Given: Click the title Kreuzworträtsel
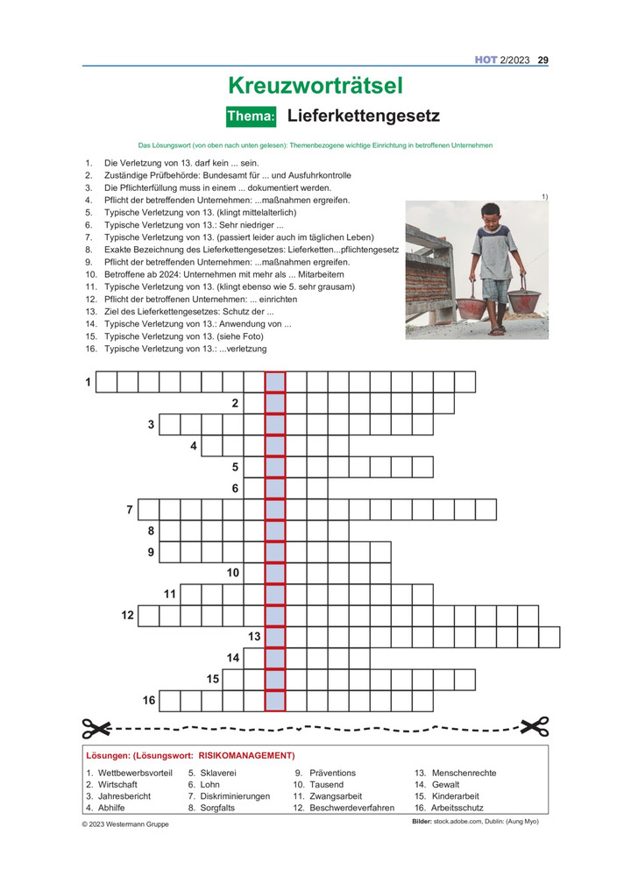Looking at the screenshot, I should click(x=315, y=85).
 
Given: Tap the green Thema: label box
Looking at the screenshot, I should click(x=252, y=116).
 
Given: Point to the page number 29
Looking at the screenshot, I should click(x=543, y=60).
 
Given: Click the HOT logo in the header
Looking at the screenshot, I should click(x=486, y=60).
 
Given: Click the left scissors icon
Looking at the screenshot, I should click(x=97, y=726).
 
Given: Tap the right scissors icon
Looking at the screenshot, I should click(x=534, y=726).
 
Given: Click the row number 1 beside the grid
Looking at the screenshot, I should click(x=88, y=382).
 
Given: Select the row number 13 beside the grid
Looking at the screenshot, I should click(x=254, y=636).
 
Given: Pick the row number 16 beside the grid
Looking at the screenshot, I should click(x=149, y=700).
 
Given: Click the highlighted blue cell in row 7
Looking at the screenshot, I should click(x=275, y=509).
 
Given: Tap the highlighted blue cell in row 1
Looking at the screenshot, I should click(x=275, y=382).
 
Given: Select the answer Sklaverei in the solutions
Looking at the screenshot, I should click(x=218, y=774).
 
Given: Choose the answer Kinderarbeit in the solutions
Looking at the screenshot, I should click(x=458, y=796).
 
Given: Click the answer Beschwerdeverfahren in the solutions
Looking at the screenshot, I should click(x=351, y=808).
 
